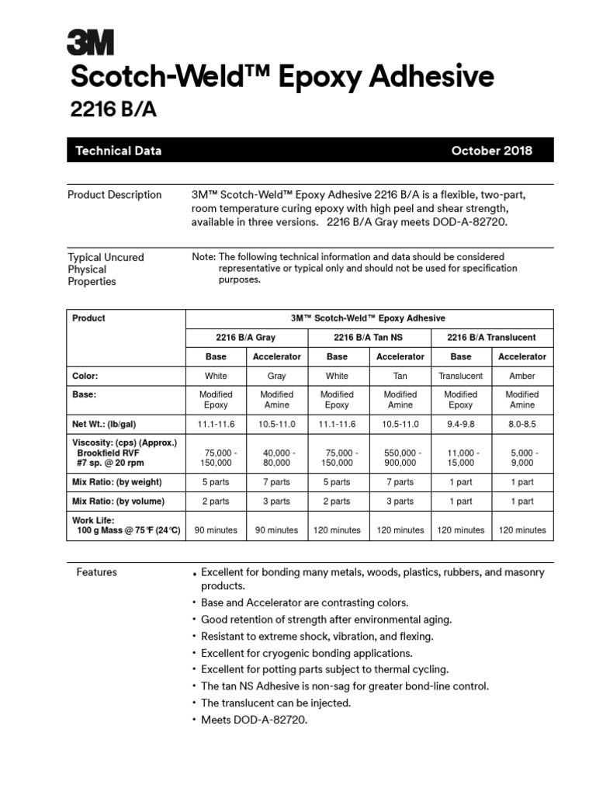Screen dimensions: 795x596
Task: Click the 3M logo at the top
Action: tap(91, 43)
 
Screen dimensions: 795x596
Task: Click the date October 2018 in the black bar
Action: tap(491, 151)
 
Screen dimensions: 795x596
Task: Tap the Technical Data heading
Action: tap(118, 151)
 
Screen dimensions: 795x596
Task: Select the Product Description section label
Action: tap(115, 195)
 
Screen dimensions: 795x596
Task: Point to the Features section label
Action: tap(96, 572)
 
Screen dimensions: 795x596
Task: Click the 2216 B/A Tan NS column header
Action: tap(369, 338)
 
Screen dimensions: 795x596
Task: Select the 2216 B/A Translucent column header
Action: tap(491, 338)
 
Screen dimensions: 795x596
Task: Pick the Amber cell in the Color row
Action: tap(521, 376)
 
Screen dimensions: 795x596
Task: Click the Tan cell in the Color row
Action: tap(400, 376)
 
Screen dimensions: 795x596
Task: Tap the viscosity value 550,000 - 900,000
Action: tap(400, 457)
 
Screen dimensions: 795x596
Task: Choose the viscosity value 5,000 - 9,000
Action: tap(521, 457)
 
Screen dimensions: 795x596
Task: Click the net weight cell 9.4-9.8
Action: tap(461, 424)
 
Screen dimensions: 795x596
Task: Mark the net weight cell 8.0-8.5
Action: tap(521, 424)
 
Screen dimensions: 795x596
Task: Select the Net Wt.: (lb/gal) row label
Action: tap(108, 424)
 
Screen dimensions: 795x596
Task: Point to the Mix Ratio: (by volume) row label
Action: tap(118, 502)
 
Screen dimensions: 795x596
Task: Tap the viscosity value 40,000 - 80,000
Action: tap(277, 457)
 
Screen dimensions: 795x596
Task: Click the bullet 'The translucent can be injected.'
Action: tap(275, 703)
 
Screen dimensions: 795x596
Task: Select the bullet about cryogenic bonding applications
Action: tap(307, 653)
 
